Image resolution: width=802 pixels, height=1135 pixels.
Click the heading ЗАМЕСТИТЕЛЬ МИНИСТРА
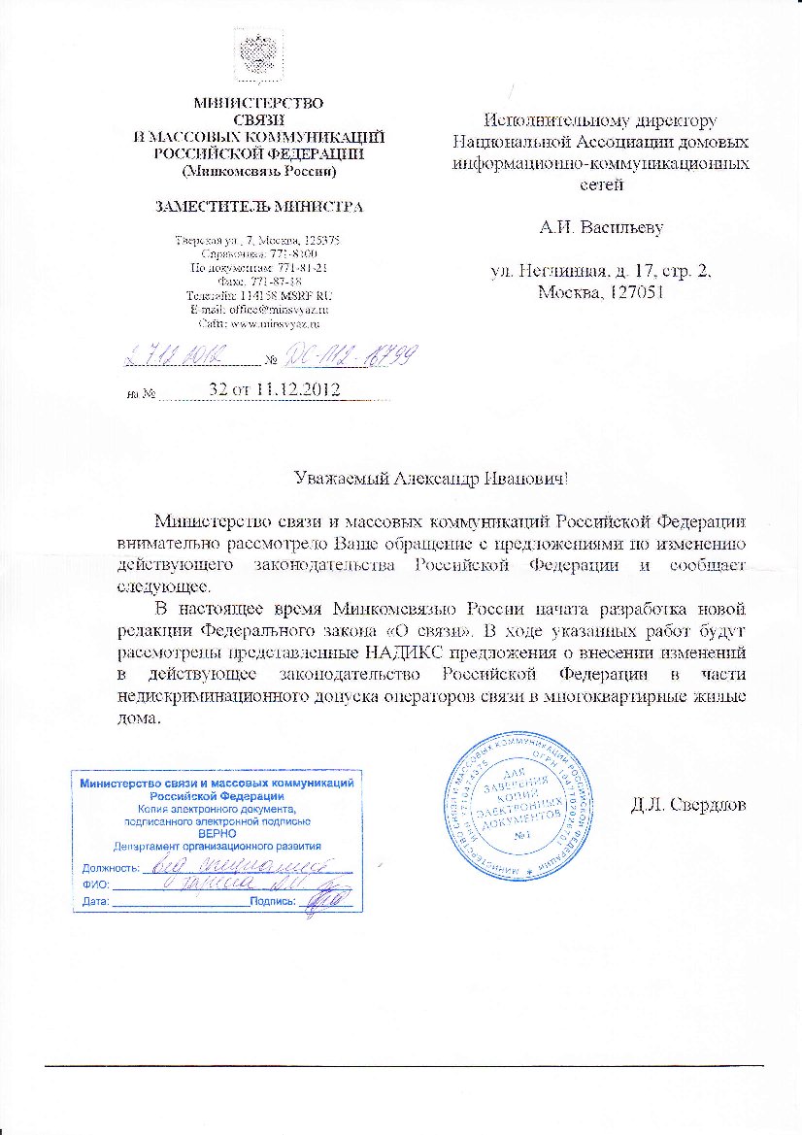pyautogui.click(x=259, y=206)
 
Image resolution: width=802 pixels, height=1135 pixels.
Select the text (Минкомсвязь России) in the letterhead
pyautogui.click(x=259, y=171)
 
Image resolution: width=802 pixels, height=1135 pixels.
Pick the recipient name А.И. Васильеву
pyautogui.click(x=601, y=229)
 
